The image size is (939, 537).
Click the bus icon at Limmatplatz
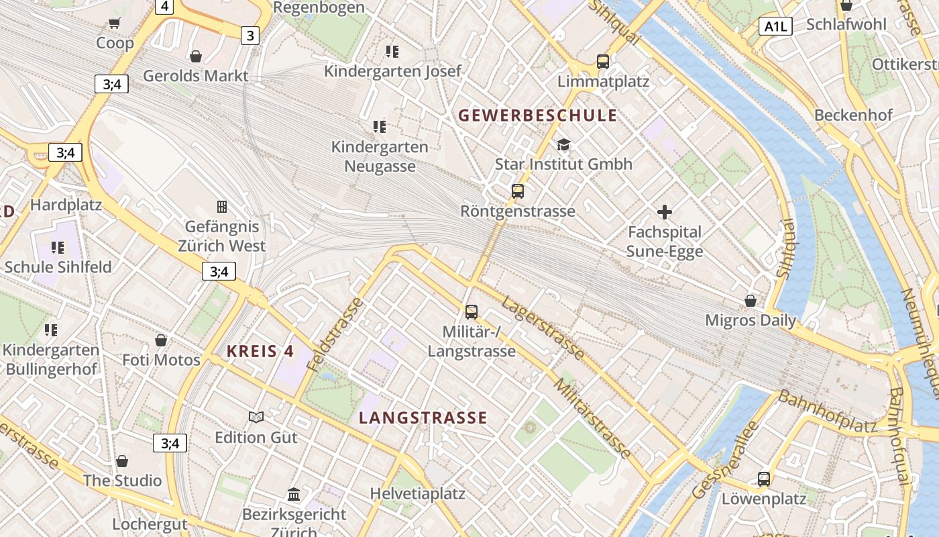(x=603, y=62)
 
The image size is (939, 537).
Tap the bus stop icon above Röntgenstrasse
(x=518, y=191)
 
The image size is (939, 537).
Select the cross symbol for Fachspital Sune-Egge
(x=665, y=213)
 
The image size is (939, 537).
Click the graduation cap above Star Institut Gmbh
(x=563, y=145)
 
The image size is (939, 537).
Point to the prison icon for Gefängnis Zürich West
(x=222, y=207)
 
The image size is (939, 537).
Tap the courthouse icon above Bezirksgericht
(x=294, y=495)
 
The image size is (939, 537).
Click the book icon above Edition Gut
(x=256, y=418)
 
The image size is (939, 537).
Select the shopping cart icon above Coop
(x=115, y=23)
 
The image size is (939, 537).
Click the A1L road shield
(x=776, y=26)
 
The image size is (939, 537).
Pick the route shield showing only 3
(x=250, y=36)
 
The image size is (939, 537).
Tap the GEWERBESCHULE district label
(x=537, y=115)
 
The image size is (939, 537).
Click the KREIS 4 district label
(x=260, y=351)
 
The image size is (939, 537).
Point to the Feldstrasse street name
(x=335, y=334)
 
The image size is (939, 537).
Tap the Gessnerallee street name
(x=725, y=460)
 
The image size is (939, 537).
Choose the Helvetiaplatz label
(x=418, y=494)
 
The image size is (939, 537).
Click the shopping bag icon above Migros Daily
(x=751, y=301)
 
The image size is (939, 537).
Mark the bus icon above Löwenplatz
(x=764, y=479)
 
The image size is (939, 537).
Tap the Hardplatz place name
(x=66, y=205)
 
